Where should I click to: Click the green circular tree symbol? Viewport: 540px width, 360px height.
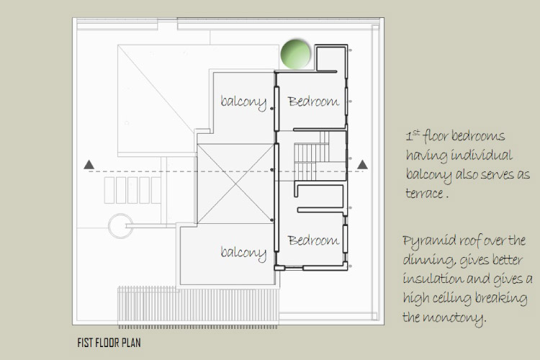295,55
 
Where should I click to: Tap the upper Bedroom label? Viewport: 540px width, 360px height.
313,102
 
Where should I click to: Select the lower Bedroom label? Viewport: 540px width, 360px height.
313,240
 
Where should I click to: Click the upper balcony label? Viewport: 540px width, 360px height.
243,102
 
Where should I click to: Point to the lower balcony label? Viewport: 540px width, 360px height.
243,253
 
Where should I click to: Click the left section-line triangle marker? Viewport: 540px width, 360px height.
89,165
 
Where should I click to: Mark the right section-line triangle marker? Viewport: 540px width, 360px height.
362,165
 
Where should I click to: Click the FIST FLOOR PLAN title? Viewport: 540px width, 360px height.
109,343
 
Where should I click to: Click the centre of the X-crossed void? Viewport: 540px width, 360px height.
235,184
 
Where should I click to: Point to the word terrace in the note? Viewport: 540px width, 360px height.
424,193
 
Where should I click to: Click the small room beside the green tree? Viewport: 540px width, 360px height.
330,58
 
